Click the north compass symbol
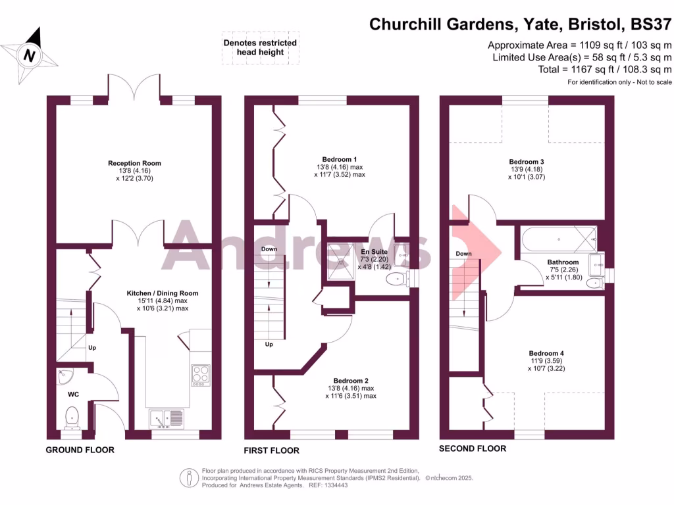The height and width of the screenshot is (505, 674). click(x=30, y=54)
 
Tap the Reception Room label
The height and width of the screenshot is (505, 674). click(x=135, y=163)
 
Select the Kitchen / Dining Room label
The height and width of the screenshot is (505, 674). click(x=163, y=293)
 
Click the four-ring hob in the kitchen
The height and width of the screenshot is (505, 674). click(x=200, y=375)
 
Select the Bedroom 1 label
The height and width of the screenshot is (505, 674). click(x=340, y=159)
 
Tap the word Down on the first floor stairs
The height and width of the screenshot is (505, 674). click(x=269, y=249)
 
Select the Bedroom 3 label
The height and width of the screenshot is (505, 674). click(x=527, y=162)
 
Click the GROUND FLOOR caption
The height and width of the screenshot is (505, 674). click(x=80, y=450)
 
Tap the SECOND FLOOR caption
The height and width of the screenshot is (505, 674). click(x=473, y=448)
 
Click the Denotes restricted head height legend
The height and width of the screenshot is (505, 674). click(x=260, y=48)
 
